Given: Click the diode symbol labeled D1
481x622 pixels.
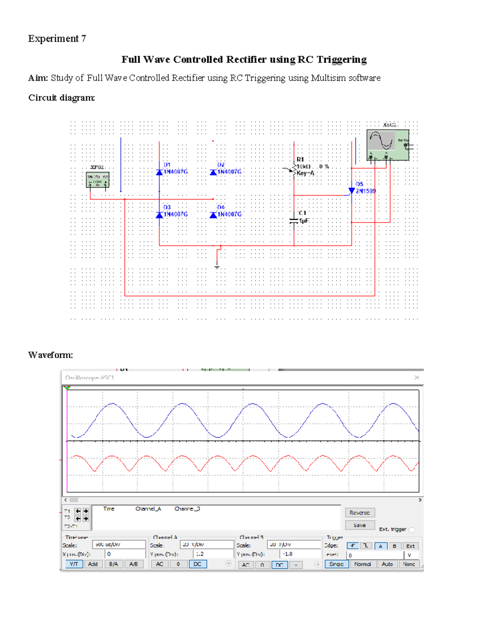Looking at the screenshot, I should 159,172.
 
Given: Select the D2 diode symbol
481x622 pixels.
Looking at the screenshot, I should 213,172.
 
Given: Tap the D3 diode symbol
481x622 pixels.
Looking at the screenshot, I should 159,215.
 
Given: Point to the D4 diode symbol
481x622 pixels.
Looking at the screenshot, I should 213,215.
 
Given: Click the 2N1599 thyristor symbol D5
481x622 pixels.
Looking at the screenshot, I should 352,191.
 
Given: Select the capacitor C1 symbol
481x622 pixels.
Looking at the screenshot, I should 294,221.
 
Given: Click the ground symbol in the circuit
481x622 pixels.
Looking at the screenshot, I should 217,266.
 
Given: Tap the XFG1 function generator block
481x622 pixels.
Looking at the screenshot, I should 97,180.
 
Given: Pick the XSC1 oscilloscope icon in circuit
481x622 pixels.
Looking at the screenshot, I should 388,145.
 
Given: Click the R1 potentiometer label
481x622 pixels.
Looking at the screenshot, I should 300,159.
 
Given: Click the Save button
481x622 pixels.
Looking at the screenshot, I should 360,525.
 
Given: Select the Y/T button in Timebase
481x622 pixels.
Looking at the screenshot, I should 74,564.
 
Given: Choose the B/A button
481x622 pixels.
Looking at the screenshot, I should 113,564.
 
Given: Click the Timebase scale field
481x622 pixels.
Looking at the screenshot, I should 119,544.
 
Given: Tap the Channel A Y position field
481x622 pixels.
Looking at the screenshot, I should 213,554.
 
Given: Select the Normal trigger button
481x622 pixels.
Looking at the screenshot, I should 362,564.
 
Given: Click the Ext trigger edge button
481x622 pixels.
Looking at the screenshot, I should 410,546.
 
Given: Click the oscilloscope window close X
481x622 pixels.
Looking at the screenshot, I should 416,377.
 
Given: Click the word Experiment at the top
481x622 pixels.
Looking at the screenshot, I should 53,38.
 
